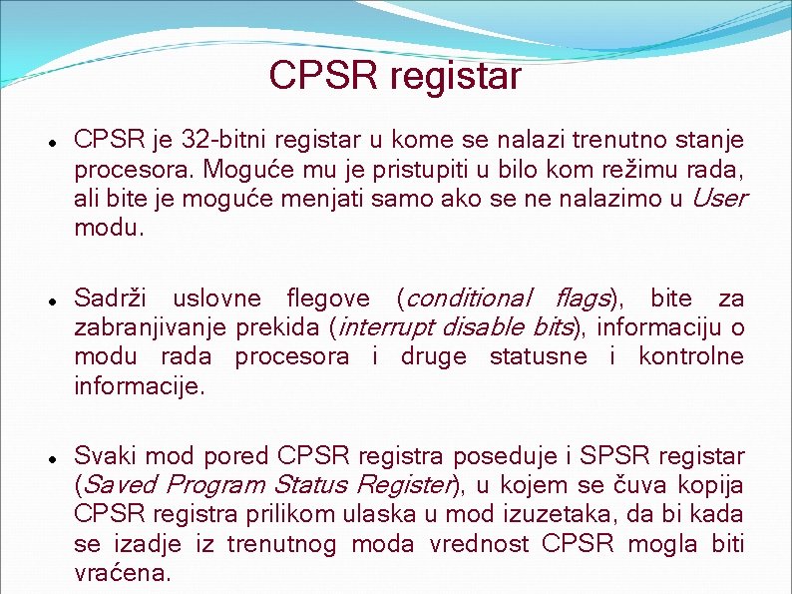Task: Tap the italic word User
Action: (717, 199)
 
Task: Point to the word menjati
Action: (324, 199)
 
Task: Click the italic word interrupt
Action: (386, 327)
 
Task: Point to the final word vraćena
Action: (123, 573)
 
